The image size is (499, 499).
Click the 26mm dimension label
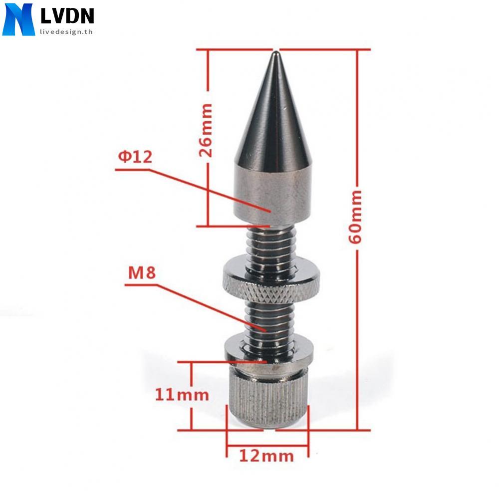point(205,130)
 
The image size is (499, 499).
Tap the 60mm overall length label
point(356,216)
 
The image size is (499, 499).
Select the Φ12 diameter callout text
point(134,157)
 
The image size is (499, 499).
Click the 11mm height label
point(181,395)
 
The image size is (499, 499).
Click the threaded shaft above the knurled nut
point(272,245)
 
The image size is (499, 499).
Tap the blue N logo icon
point(18,19)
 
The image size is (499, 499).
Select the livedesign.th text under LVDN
point(66,31)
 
